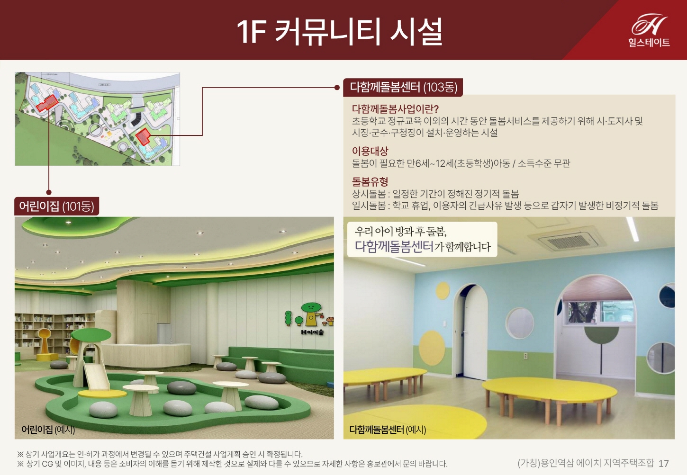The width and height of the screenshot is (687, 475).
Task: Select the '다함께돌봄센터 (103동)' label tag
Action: [403, 87]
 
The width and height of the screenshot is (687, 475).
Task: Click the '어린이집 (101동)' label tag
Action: [56, 206]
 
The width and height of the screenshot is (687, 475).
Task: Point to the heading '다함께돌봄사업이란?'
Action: [395, 109]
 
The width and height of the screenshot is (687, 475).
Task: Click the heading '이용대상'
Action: [370, 151]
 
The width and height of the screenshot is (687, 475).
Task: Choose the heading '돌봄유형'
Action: [370, 181]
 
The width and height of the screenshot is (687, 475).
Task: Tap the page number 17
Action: [664, 463]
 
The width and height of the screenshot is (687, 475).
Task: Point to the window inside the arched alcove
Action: [597, 311]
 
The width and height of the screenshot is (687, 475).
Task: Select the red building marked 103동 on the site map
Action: [143, 136]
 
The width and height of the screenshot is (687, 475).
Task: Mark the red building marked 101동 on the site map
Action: [47, 102]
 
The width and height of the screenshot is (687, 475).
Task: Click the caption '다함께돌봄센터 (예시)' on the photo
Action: [388, 430]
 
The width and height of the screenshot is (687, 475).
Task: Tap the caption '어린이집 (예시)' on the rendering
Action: [48, 430]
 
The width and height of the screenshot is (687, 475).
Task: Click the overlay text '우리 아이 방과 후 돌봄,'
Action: [401, 231]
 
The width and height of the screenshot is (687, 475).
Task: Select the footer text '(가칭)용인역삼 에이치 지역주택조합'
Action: [586, 463]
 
